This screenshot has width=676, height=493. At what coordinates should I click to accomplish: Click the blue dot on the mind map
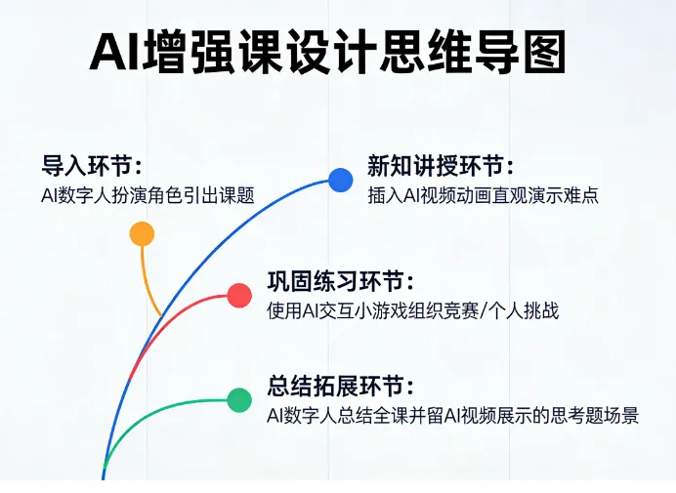pos(340,180)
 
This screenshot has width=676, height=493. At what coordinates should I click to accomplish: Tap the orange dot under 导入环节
pos(142,233)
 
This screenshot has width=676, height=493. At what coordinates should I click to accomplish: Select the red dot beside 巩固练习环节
pos(239,295)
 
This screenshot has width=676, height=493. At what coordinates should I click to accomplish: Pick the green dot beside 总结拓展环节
pos(239,399)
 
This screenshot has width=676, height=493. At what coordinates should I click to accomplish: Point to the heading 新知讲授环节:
pos(441,165)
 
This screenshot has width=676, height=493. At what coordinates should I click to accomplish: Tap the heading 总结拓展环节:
pos(340,386)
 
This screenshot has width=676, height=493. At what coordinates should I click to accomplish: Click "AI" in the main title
pos(114,54)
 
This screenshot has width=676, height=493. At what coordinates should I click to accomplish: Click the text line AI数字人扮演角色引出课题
pos(148,194)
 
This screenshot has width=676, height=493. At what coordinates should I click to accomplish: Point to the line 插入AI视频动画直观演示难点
pos(483,194)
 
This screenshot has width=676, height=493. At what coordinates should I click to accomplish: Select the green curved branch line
pos(156,410)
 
